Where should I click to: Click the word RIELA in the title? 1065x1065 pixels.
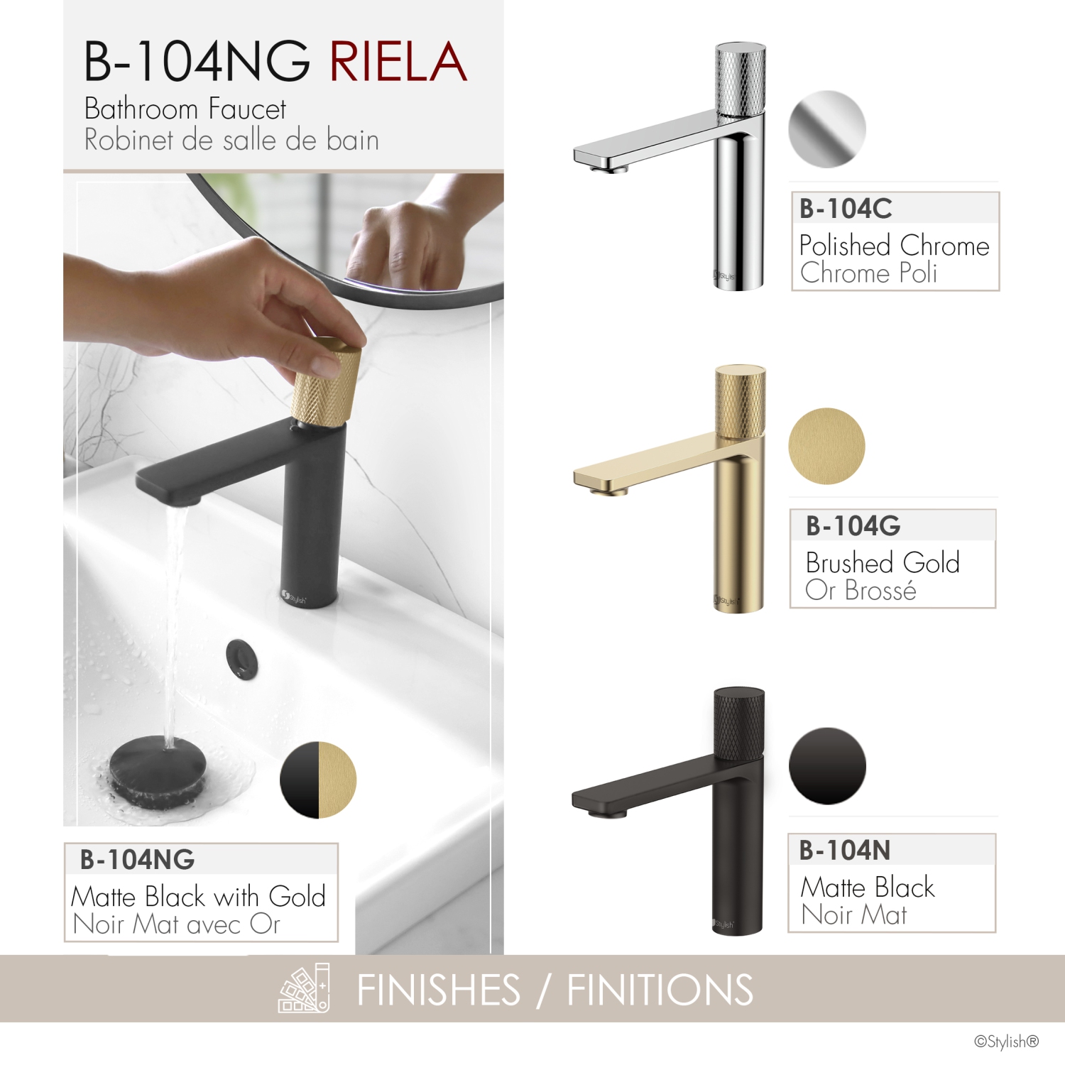(x=398, y=62)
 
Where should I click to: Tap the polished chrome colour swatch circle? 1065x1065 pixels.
(x=827, y=129)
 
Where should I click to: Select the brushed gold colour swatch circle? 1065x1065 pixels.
(x=826, y=446)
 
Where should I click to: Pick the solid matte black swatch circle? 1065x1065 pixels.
(x=827, y=765)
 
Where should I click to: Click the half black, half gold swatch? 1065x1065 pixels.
(x=318, y=780)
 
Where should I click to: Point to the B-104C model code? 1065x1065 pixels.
(x=846, y=209)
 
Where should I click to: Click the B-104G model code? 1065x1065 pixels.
(x=853, y=526)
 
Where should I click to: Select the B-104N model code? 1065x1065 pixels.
(x=845, y=850)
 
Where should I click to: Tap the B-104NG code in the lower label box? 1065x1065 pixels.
(x=137, y=860)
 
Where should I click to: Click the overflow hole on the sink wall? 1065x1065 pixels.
(x=242, y=658)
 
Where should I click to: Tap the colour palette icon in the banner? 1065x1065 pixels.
(x=305, y=988)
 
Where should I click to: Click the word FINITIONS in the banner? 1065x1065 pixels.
(x=660, y=990)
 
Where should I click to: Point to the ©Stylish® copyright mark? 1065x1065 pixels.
(x=1006, y=1042)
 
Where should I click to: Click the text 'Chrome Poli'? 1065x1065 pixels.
(x=868, y=273)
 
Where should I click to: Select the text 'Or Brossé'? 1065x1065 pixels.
(x=861, y=590)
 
